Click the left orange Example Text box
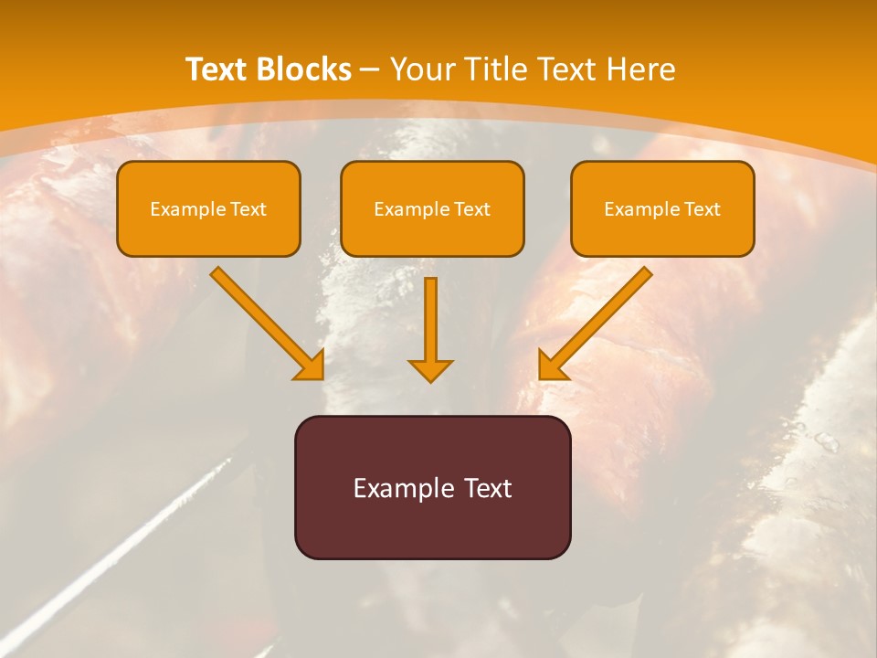click(x=208, y=208)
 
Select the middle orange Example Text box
click(x=432, y=208)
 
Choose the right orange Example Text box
click(x=662, y=208)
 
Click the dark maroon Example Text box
click(x=432, y=487)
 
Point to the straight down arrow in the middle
click(x=430, y=324)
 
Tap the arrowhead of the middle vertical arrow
click(x=430, y=369)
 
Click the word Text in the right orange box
click(x=702, y=209)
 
